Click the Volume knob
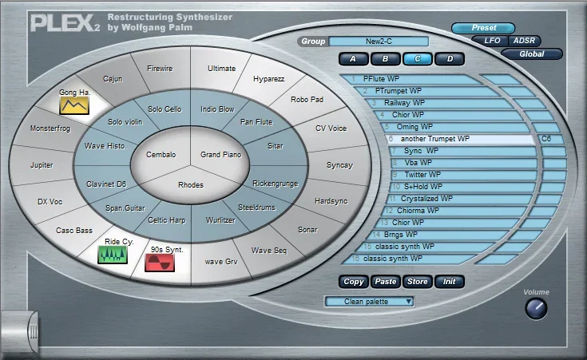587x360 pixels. pyautogui.click(x=537, y=308)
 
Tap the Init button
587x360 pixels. pyautogui.click(x=450, y=282)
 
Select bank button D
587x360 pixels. pyautogui.click(x=450, y=58)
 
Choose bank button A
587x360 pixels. pyautogui.click(x=353, y=58)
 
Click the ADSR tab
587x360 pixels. pyautogui.click(x=524, y=40)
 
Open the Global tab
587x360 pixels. pyautogui.click(x=532, y=54)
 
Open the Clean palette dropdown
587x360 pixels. pyautogui.click(x=369, y=301)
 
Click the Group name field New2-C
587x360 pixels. pyautogui.click(x=378, y=42)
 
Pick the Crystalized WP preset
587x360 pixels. pyautogui.click(x=426, y=198)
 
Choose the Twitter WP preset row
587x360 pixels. pyautogui.click(x=421, y=174)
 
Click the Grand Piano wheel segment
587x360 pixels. pyautogui.click(x=221, y=154)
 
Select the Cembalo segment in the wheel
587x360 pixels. pyautogui.click(x=161, y=154)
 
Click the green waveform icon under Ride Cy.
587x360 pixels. pyautogui.click(x=113, y=254)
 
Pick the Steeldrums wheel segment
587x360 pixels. pyautogui.click(x=256, y=207)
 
